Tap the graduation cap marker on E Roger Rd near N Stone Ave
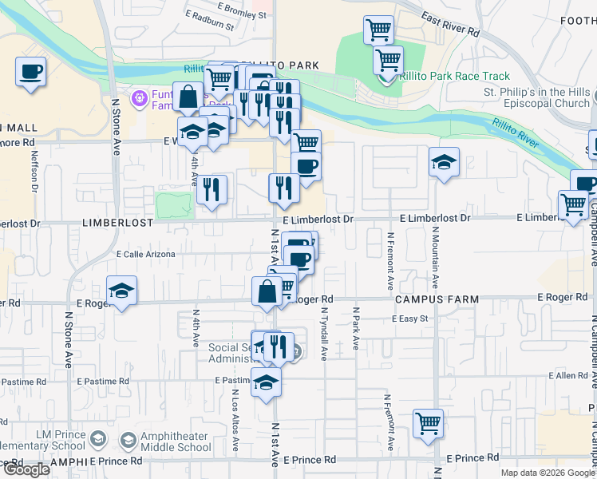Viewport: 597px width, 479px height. pos(121,291)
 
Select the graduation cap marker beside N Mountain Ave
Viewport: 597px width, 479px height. pos(445,163)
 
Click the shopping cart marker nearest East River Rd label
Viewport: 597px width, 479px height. pos(378,31)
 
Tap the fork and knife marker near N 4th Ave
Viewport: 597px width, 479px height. pos(211,190)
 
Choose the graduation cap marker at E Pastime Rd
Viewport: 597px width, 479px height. pos(266,383)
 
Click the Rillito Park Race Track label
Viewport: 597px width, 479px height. pos(457,77)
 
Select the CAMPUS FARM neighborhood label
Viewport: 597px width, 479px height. pos(437,299)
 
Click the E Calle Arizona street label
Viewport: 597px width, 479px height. pos(145,254)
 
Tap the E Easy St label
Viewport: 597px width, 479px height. pos(410,319)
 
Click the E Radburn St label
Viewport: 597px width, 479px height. pos(208,21)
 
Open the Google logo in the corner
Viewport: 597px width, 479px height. pos(26,469)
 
